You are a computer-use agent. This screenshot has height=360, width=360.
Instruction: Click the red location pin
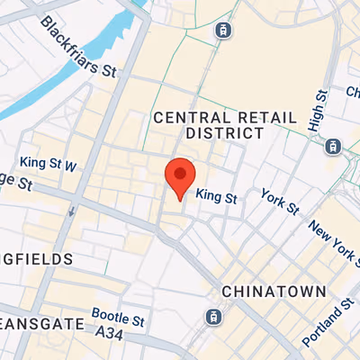(x=180, y=175)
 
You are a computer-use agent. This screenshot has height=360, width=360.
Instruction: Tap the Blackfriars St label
(x=79, y=45)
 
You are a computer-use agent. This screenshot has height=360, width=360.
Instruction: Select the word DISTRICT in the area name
(x=221, y=133)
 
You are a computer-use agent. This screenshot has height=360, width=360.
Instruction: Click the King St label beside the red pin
(x=216, y=194)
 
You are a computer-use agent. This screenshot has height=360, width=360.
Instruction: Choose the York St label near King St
(x=279, y=202)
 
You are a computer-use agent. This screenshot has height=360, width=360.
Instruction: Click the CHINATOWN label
(x=265, y=292)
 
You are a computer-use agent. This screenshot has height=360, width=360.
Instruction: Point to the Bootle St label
(x=119, y=320)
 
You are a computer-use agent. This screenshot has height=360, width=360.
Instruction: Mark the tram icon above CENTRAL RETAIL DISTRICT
(x=222, y=30)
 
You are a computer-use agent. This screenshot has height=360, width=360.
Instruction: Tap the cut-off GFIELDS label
(x=36, y=259)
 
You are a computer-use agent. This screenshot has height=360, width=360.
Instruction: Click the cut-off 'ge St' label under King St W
(x=15, y=183)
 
